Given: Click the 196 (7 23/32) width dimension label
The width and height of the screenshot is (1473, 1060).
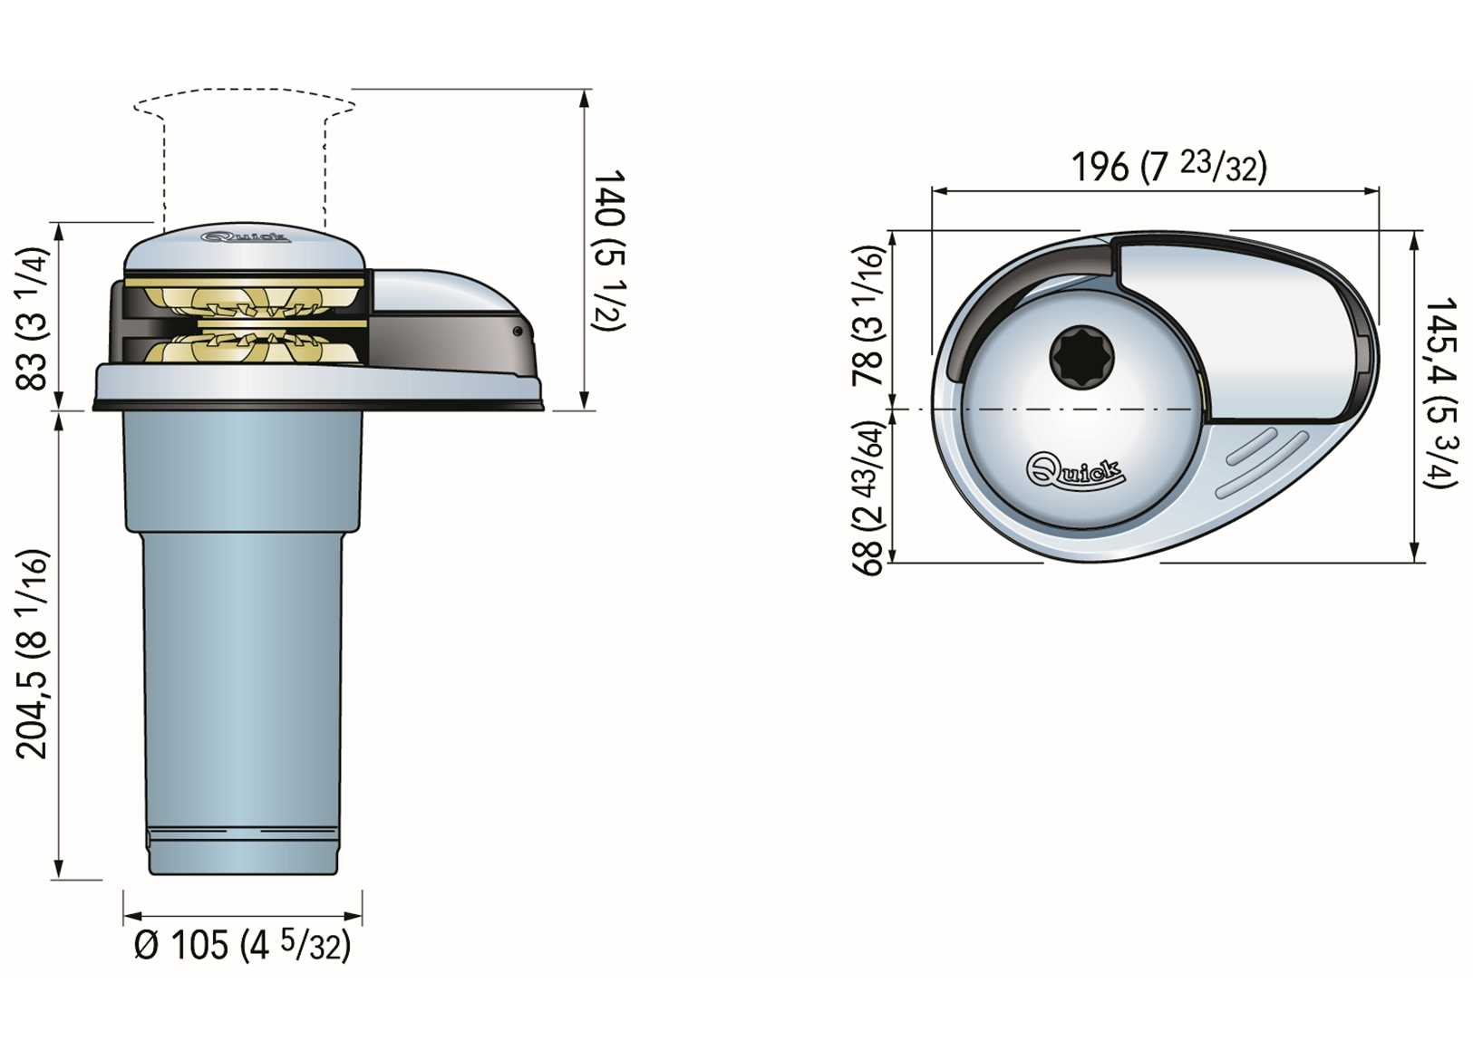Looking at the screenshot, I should coord(1168,167).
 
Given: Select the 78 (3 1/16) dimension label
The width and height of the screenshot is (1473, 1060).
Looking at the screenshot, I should coord(867,316).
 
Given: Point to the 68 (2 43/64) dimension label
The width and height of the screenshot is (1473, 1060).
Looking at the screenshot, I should coord(867,497).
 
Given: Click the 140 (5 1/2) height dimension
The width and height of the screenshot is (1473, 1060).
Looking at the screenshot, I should coord(608,249).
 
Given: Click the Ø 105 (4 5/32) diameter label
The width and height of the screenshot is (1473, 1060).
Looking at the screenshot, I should coord(242,946).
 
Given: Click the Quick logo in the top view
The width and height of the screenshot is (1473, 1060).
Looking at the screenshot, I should coord(1075,469).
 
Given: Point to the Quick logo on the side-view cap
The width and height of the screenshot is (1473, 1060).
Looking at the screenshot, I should coord(246,238).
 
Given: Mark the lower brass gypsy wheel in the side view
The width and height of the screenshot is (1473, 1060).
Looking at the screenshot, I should coord(245,347).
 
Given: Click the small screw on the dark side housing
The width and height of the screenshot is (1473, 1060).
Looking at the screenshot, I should coord(518,332).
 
